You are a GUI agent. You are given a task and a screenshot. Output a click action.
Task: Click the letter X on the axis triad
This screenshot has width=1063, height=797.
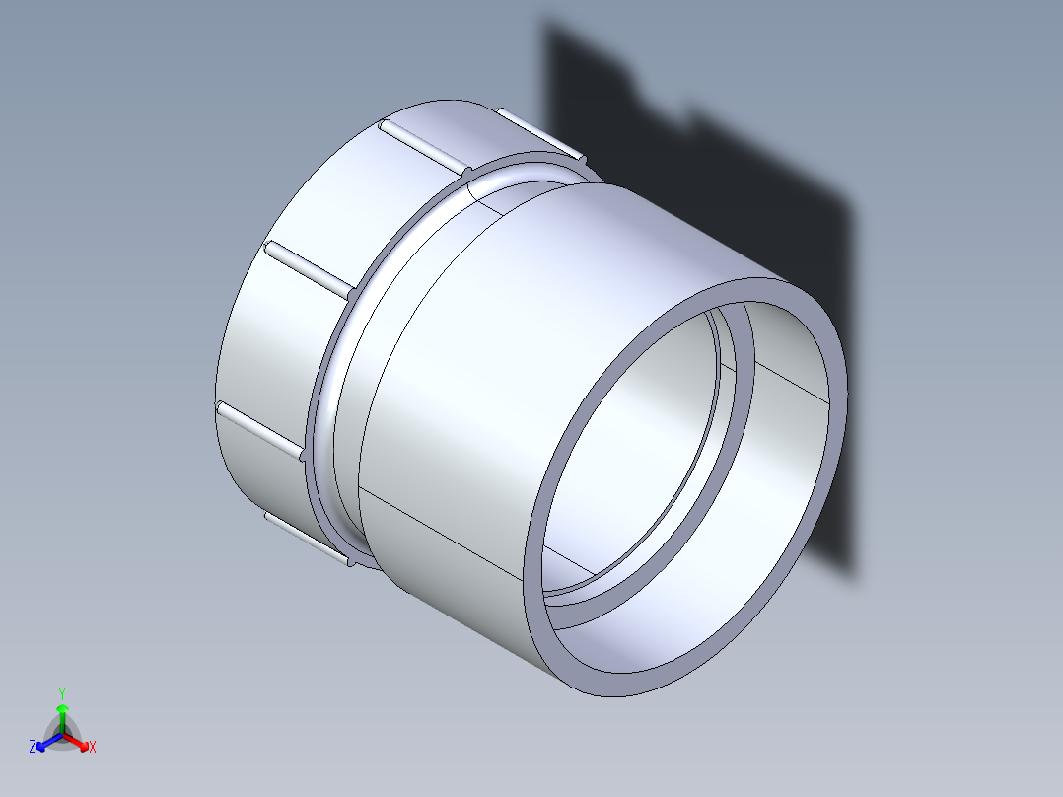tap(93, 748)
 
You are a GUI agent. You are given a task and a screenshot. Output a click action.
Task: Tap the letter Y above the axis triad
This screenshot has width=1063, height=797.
tap(62, 692)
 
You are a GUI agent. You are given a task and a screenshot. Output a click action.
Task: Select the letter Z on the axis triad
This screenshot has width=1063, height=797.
tap(33, 748)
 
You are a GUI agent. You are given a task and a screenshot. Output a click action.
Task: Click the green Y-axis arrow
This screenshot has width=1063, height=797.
tap(62, 713)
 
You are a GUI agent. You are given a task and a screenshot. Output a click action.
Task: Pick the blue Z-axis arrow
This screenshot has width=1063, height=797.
tap(44, 743)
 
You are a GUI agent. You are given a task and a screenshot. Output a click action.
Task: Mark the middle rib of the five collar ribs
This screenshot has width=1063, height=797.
tap(309, 265)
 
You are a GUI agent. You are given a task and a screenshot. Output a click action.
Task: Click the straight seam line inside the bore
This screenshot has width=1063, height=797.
tap(789, 380)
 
